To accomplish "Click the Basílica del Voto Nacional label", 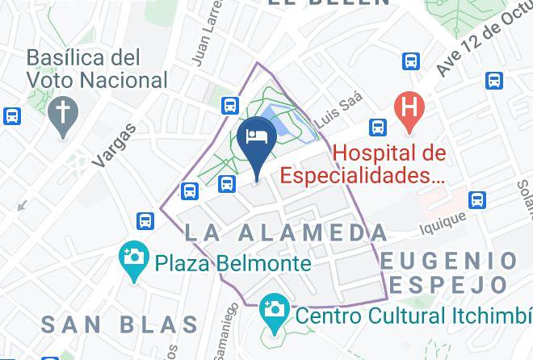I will click(97, 69).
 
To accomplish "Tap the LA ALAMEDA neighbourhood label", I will click(286, 233).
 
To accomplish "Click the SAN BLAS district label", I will click(119, 324).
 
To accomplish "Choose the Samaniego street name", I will click(224, 338).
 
